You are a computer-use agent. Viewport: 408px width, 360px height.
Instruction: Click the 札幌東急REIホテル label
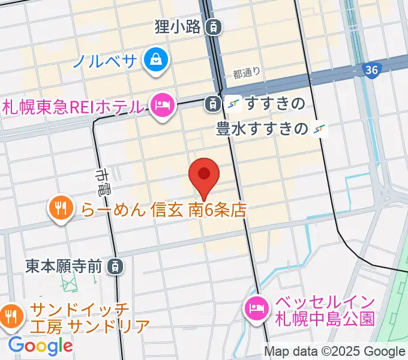click(73, 107)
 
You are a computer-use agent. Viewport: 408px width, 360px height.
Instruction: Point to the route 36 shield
click(371, 71)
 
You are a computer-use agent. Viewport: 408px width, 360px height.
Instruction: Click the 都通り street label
click(247, 74)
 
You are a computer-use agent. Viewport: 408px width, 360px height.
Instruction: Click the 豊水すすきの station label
click(262, 128)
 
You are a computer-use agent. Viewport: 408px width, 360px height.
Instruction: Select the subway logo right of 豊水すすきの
click(321, 128)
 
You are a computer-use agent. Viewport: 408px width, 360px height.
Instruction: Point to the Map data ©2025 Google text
click(335, 352)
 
